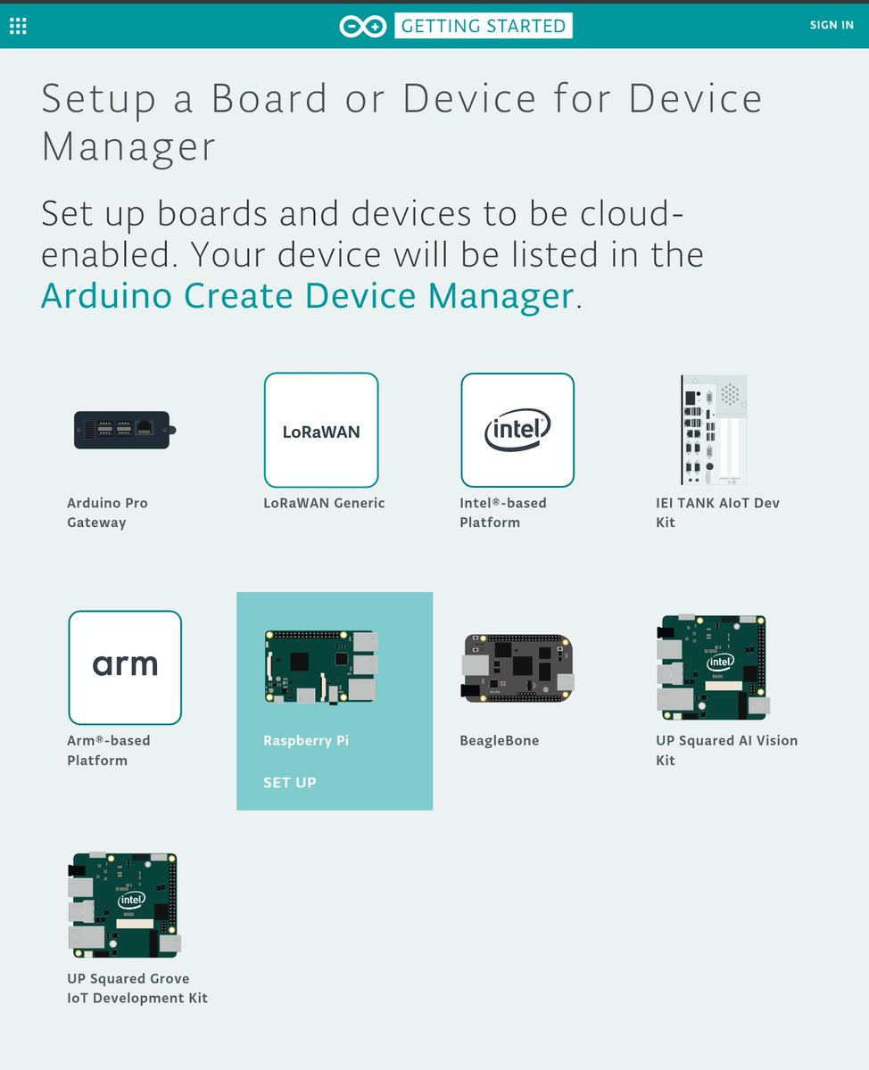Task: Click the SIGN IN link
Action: click(831, 25)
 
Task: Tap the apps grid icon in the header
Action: click(18, 26)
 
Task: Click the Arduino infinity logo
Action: click(362, 26)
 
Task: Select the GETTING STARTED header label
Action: click(483, 26)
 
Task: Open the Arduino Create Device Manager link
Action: click(307, 295)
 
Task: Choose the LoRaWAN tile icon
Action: click(321, 430)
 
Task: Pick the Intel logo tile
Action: click(517, 430)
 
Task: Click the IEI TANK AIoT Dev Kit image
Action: click(713, 430)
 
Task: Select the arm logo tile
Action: click(125, 667)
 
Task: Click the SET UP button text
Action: click(290, 783)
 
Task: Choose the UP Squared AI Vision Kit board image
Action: click(713, 667)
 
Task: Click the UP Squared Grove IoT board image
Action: click(125, 904)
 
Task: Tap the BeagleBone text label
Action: click(500, 741)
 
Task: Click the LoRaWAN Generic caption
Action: click(324, 503)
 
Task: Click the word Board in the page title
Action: click(269, 98)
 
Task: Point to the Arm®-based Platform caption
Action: click(108, 751)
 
